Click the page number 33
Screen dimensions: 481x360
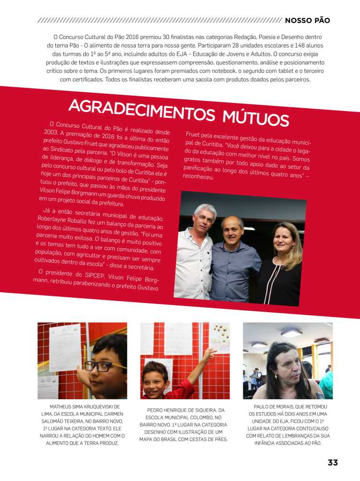[x=333, y=463]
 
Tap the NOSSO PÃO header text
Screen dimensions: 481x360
[x=307, y=21]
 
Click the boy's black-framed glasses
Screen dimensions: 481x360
[x=107, y=366]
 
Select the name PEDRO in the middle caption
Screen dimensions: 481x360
[x=156, y=410]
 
